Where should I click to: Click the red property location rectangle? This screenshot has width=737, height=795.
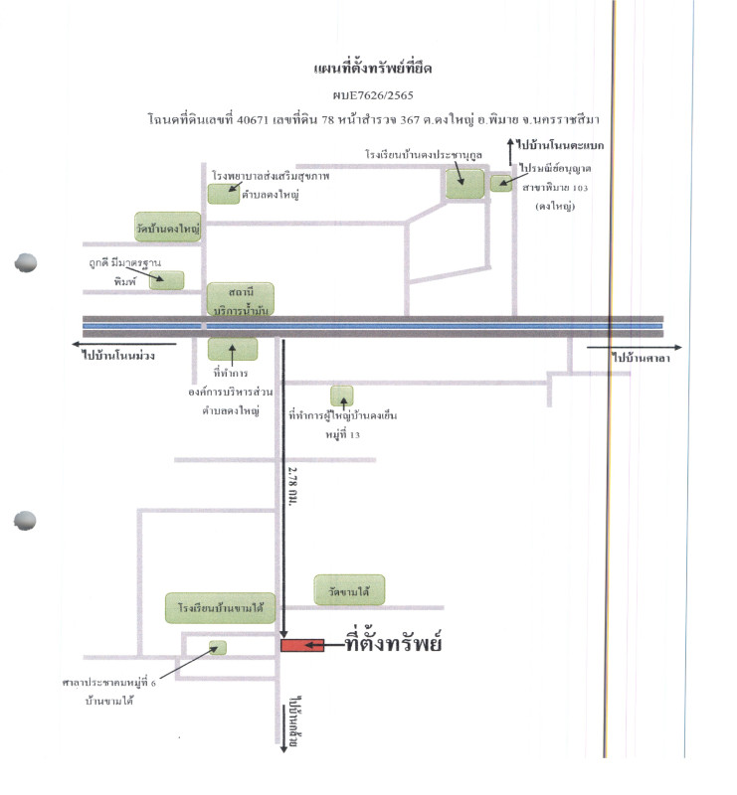pyautogui.click(x=302, y=645)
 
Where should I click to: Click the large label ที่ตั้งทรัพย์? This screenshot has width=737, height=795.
pyautogui.click(x=393, y=642)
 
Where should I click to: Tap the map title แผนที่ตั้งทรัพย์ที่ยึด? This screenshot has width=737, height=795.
pyautogui.click(x=373, y=67)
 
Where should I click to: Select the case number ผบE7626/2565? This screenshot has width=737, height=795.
pyautogui.click(x=373, y=94)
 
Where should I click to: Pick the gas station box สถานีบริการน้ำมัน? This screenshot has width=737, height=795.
pyautogui.click(x=241, y=300)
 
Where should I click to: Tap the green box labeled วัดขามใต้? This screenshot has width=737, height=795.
pyautogui.click(x=349, y=589)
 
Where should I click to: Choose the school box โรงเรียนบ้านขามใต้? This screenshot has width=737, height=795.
pyautogui.click(x=220, y=607)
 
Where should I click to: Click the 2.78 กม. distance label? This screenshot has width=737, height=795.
pyautogui.click(x=292, y=486)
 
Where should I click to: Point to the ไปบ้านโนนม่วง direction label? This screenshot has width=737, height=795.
pyautogui.click(x=118, y=356)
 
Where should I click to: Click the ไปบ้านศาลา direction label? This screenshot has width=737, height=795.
pyautogui.click(x=642, y=358)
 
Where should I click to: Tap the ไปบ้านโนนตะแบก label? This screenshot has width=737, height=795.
pyautogui.click(x=560, y=145)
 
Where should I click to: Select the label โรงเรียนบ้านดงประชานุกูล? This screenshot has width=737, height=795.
pyautogui.click(x=424, y=154)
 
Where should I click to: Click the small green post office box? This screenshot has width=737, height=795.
pyautogui.click(x=501, y=183)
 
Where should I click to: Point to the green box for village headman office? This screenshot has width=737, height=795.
pyautogui.click(x=342, y=396)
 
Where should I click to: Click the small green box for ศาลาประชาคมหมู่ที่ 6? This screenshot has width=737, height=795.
pyautogui.click(x=218, y=648)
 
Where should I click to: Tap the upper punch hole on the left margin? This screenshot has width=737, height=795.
pyautogui.click(x=26, y=262)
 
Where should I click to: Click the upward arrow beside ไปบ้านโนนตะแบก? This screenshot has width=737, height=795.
pyautogui.click(x=510, y=151)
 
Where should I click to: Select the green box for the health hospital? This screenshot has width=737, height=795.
pyautogui.click(x=224, y=194)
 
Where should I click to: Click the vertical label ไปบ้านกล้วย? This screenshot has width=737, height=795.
pyautogui.click(x=292, y=721)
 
